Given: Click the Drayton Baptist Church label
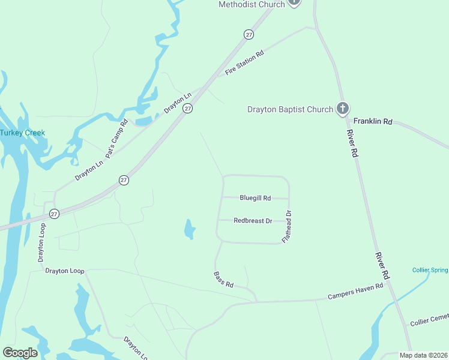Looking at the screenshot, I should click(291, 109).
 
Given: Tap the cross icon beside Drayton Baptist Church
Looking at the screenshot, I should click(343, 109).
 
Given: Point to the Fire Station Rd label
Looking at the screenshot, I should click(244, 63).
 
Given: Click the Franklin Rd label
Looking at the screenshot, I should click(372, 121).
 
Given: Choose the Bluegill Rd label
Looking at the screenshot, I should click(255, 197).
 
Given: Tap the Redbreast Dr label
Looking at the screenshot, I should click(253, 221).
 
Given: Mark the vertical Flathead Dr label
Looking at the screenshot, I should click(289, 227).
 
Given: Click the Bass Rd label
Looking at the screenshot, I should click(223, 279).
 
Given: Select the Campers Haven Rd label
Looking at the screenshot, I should click(355, 292).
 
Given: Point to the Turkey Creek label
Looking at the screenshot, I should click(22, 133).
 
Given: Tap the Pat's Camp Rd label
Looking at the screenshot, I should click(117, 139).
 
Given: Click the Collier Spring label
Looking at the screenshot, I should click(430, 270).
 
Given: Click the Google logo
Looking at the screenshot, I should click(20, 353).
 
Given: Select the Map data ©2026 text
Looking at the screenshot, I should click(423, 355).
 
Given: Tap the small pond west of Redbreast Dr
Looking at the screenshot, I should click(189, 229).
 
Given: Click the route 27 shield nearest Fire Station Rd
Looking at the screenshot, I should click(249, 35).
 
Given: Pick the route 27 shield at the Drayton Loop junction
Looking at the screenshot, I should click(54, 214).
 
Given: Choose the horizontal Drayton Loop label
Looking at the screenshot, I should click(65, 271).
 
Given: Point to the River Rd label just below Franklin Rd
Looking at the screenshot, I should click(354, 144).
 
